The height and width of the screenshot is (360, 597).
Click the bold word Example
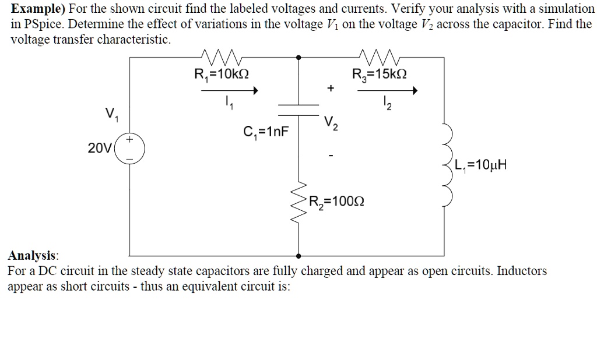pyautogui.click(x=33, y=9)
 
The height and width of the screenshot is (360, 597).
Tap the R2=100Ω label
pyautogui.click(x=337, y=203)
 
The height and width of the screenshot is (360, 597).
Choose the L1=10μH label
pyautogui.click(x=483, y=165)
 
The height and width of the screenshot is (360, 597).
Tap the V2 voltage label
pyautogui.click(x=331, y=124)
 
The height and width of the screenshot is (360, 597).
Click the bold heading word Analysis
pyautogui.click(x=33, y=256)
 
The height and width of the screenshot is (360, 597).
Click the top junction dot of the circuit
pyautogui.click(x=298, y=58)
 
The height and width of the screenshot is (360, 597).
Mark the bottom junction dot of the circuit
pyautogui.click(x=298, y=255)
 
